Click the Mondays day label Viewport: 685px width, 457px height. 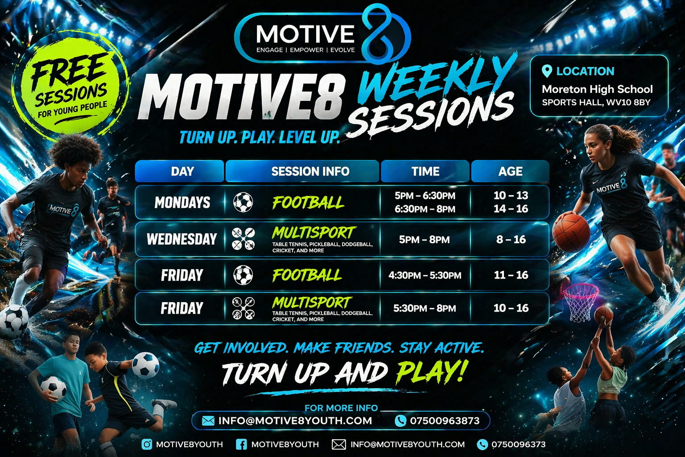point(182,203)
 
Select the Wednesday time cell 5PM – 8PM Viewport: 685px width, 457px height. point(424,240)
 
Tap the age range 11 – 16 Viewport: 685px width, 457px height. point(511,275)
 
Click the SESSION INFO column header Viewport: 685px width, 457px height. point(310,171)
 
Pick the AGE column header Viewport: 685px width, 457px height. point(510,171)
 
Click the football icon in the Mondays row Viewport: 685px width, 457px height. point(243,202)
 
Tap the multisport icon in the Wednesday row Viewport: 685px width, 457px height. point(243,239)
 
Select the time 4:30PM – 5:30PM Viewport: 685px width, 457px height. point(425,275)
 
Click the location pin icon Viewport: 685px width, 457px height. point(547,71)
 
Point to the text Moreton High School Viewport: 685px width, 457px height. point(597,89)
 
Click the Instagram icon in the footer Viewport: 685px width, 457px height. point(147,444)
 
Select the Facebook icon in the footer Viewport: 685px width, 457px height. point(241,444)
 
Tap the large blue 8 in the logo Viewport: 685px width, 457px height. point(381,33)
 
